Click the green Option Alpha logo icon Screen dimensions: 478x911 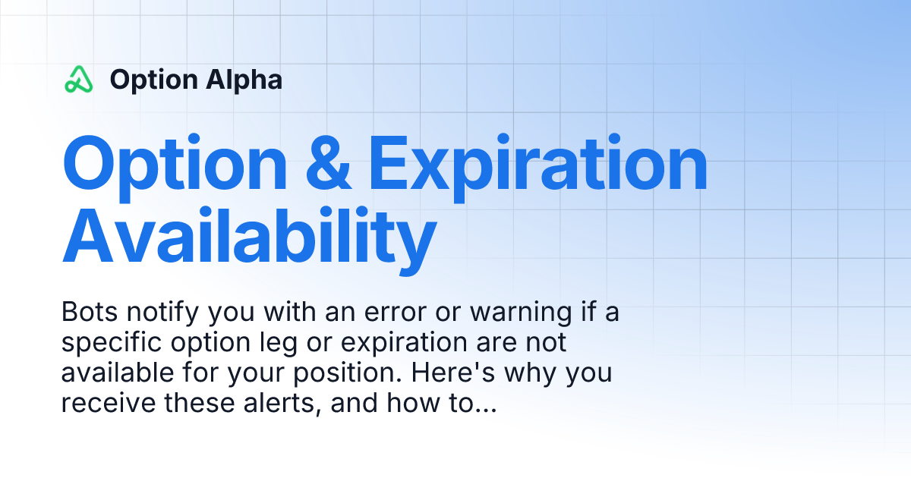pos(79,79)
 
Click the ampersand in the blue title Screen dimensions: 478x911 pos(328,165)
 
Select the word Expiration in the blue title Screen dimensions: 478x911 pos(537,165)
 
